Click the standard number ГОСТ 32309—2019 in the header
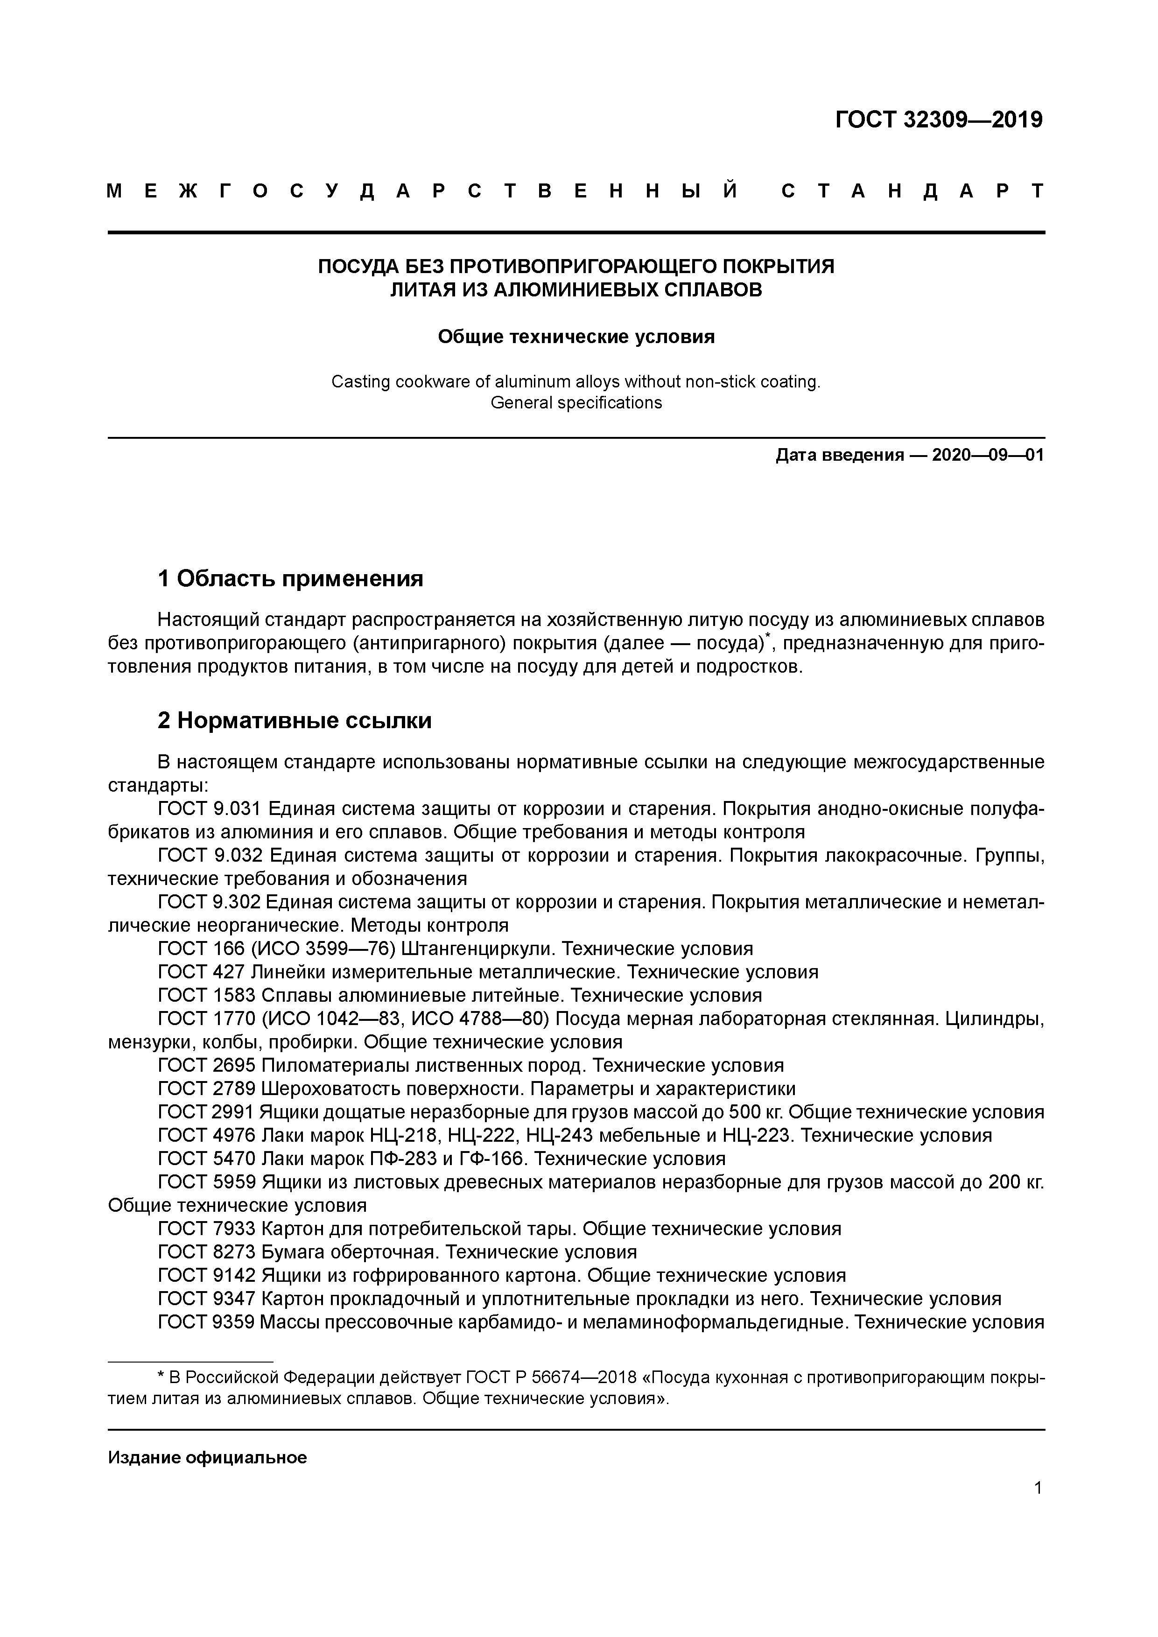click(938, 120)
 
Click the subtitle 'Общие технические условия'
click(575, 337)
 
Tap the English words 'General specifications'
click(576, 403)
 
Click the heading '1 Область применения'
click(290, 578)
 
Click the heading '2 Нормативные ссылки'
click(295, 721)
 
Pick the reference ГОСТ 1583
click(207, 995)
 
